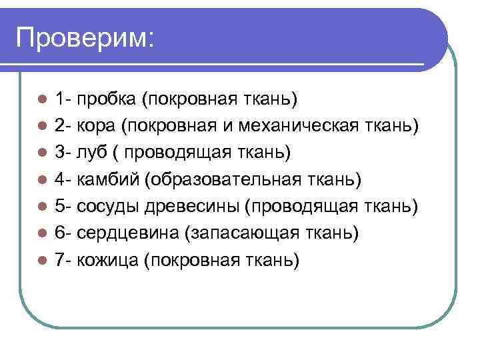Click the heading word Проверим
coord(85,38)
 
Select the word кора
coord(97,127)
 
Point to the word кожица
coord(107,260)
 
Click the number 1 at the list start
coord(60,100)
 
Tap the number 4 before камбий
coord(60,180)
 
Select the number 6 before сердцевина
coord(60,233)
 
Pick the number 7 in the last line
coord(60,260)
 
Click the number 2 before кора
coord(60,127)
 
